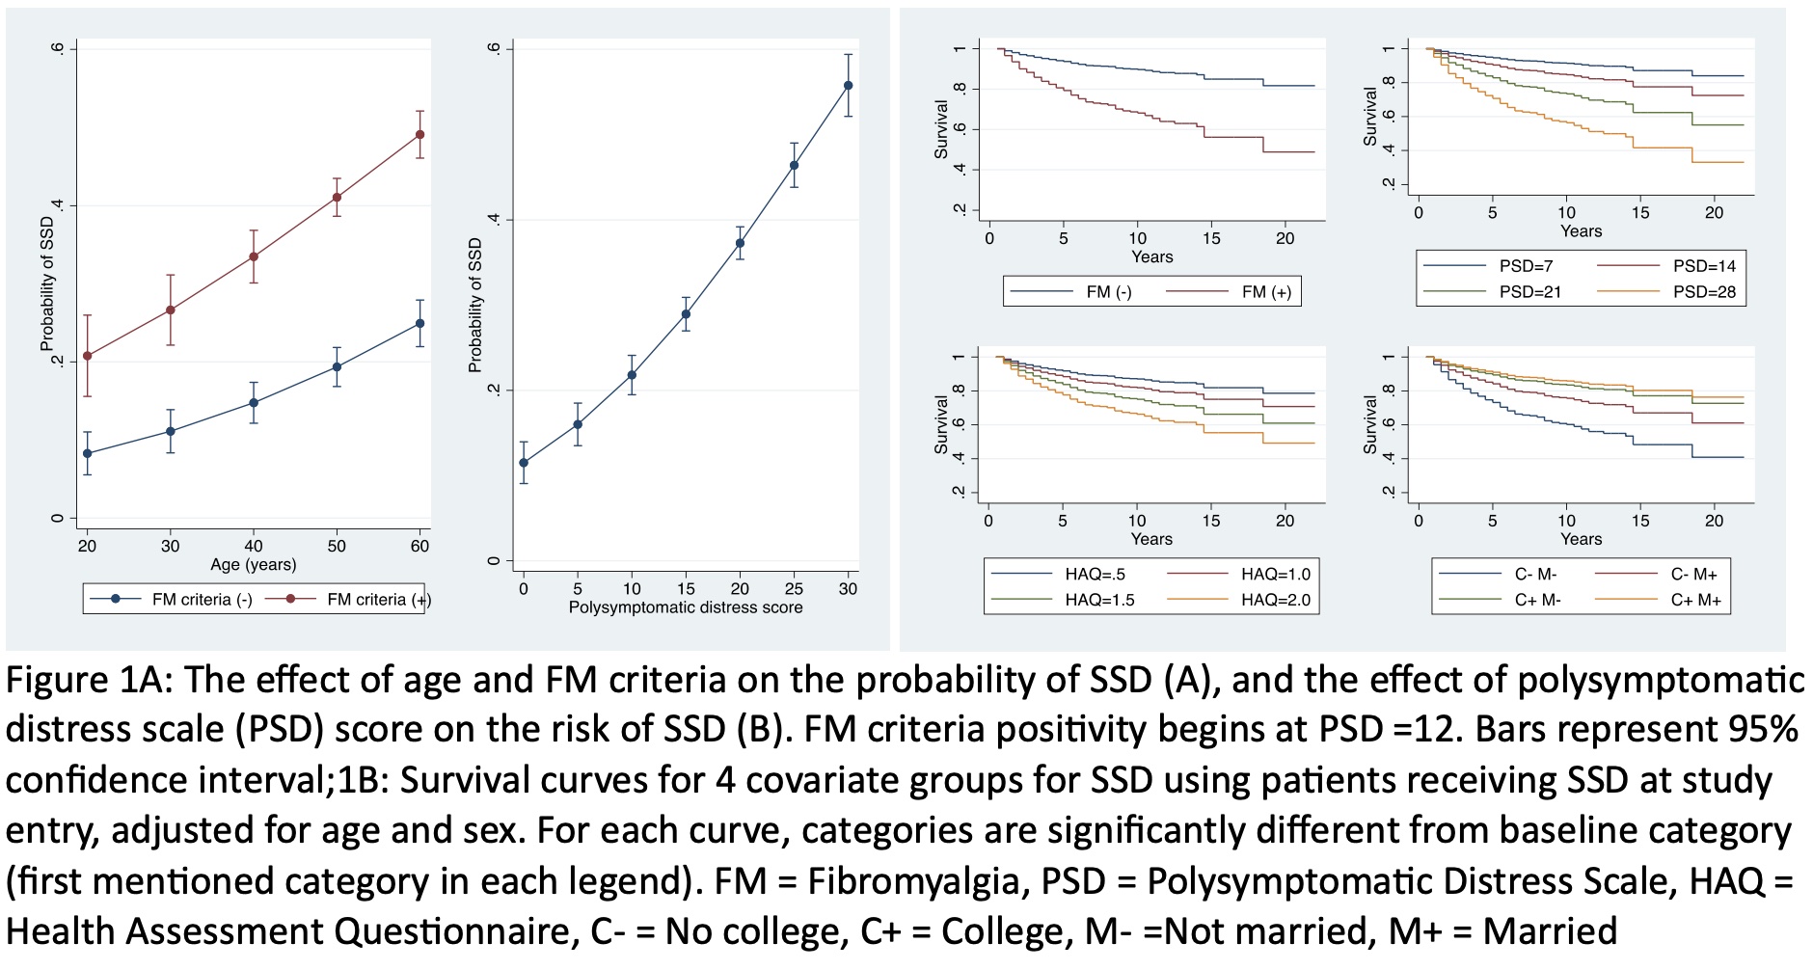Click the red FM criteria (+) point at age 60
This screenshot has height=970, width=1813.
tap(419, 134)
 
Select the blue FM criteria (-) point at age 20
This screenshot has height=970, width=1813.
tap(88, 453)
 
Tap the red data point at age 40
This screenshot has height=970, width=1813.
tap(254, 256)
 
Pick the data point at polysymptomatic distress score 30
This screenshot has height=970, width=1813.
tap(849, 86)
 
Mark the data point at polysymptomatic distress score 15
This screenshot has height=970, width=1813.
tap(686, 313)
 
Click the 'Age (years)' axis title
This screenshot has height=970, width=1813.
tap(254, 565)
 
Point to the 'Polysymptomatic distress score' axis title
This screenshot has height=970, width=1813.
tap(686, 607)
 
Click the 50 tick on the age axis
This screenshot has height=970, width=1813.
tap(337, 546)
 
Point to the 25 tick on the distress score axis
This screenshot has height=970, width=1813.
tap(794, 588)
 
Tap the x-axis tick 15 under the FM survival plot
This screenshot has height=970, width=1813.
tap(1211, 239)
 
